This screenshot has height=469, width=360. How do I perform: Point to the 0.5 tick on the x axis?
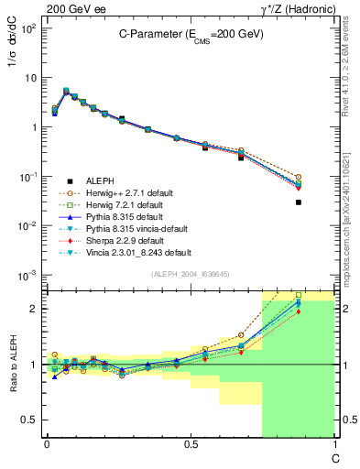(191, 445)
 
